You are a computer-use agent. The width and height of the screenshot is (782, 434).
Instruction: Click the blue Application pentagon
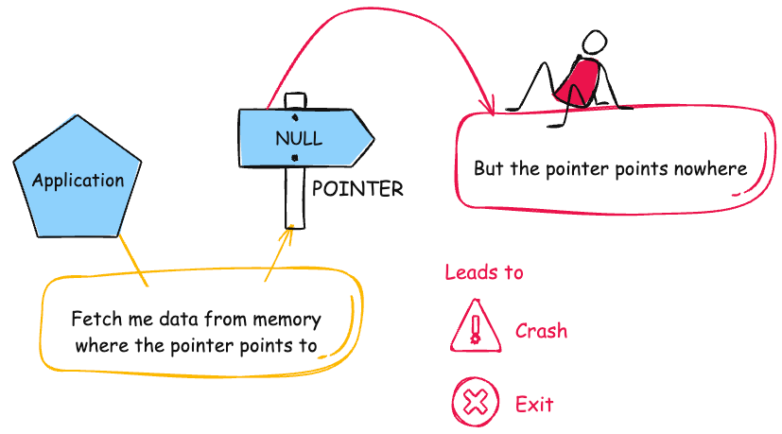point(78,179)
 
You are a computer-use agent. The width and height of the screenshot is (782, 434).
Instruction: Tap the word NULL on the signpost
point(298,138)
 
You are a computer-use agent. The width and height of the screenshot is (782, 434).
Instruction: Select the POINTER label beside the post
point(357,189)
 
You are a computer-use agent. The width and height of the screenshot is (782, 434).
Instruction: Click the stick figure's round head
point(593,43)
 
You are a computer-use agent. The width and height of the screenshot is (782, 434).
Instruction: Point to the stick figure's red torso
point(577,81)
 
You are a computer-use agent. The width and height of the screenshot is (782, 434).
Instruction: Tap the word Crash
point(541,331)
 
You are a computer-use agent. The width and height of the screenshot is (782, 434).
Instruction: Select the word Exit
point(533,405)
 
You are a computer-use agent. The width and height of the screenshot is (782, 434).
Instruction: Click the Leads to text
point(483,273)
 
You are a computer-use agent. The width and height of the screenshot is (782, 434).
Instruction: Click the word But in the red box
point(489,169)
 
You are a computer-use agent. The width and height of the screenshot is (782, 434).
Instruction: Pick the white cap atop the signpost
point(295,100)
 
